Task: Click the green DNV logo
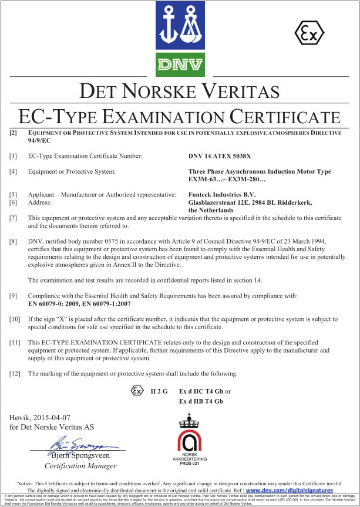180,64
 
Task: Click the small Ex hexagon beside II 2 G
137,390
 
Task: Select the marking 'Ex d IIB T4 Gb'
201,401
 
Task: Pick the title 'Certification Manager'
80,466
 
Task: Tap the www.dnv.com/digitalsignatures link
289,490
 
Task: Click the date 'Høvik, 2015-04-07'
39,417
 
